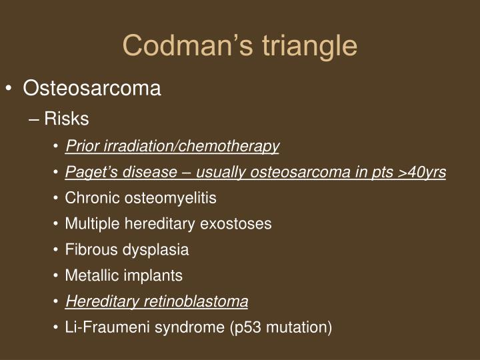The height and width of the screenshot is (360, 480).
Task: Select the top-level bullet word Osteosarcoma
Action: [92, 89]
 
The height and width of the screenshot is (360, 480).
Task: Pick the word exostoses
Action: [240, 224]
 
